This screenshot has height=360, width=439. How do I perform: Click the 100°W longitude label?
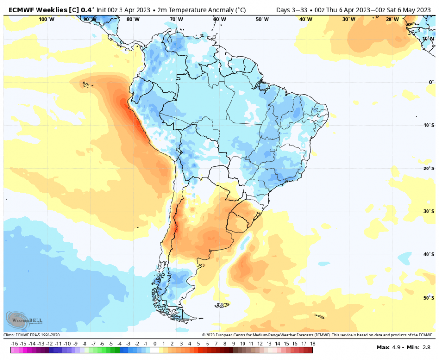(x=46, y=19)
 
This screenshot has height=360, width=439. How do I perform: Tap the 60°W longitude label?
(x=219, y=19)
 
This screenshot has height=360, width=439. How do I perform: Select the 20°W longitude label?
(x=392, y=19)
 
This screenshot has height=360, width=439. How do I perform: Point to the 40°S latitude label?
(x=427, y=254)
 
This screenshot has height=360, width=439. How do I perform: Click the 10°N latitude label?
(x=428, y=38)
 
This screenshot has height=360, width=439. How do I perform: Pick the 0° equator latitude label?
(x=431, y=82)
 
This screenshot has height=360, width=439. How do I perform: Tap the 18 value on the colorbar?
(x=313, y=344)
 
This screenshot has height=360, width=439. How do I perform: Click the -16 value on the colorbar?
(x=14, y=344)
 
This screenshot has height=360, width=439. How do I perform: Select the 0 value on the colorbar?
(x=155, y=344)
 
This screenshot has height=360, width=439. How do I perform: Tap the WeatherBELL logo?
(x=24, y=319)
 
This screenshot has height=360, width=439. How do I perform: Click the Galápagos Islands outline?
(x=86, y=85)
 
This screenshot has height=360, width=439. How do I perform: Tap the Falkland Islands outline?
(x=221, y=304)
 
